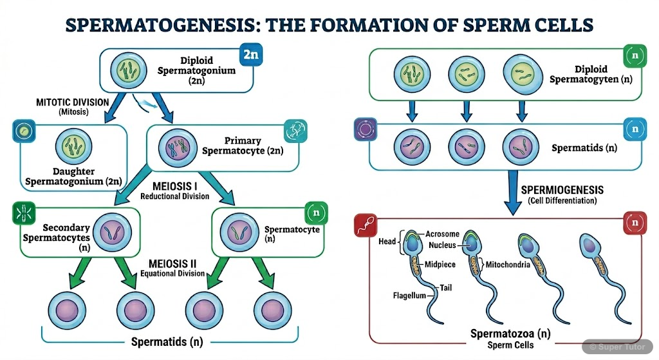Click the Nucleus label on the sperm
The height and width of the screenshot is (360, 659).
coord(442,245)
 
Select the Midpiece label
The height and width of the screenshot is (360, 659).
coord(440,264)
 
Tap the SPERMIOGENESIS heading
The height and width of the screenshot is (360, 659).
coord(562,191)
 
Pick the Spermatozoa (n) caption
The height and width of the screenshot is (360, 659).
coord(510,334)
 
